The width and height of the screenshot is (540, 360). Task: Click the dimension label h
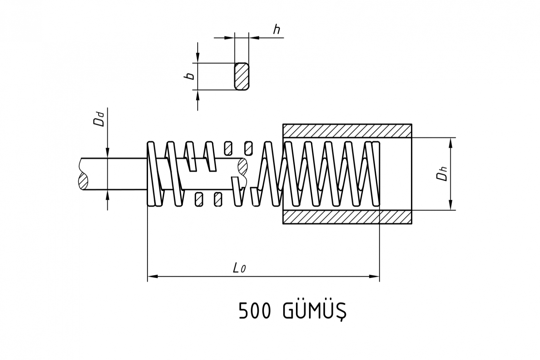[276, 29]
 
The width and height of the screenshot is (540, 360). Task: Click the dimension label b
[190, 76]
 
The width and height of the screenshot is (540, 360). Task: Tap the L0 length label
[239, 268]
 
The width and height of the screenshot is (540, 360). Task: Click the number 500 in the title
[255, 311]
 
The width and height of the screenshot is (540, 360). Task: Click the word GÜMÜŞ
[315, 312]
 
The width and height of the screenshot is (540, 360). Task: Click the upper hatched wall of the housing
[347, 131]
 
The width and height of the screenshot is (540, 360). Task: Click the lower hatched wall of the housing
[347, 217]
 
